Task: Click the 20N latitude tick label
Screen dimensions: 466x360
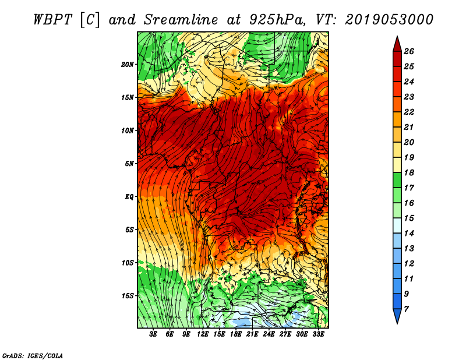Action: pyautogui.click(x=127, y=65)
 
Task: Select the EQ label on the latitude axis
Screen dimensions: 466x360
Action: pyautogui.click(x=129, y=197)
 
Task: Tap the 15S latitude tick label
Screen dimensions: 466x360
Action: pyautogui.click(x=127, y=296)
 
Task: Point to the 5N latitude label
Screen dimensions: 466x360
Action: pyautogui.click(x=129, y=164)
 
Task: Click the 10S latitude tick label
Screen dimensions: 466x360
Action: pyautogui.click(x=127, y=263)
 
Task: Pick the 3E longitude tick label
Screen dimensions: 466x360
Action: pyautogui.click(x=153, y=334)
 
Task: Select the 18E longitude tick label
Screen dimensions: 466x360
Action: pyautogui.click(x=236, y=334)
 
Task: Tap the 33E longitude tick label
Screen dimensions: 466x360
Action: pyautogui.click(x=318, y=334)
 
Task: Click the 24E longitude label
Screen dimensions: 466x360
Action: pyautogui.click(x=269, y=334)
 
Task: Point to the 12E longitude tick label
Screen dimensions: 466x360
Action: pyautogui.click(x=202, y=334)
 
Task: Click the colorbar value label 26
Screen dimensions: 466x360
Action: pyautogui.click(x=409, y=51)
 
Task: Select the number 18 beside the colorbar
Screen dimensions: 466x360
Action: pyautogui.click(x=409, y=172)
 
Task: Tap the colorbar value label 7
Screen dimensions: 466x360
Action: pyautogui.click(x=406, y=309)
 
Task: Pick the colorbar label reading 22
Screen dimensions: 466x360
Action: pyautogui.click(x=409, y=112)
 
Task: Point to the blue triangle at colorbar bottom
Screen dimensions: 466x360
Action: pyautogui.click(x=397, y=316)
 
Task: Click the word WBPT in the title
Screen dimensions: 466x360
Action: pyautogui.click(x=52, y=20)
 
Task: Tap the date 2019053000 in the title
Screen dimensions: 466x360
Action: pyautogui.click(x=389, y=20)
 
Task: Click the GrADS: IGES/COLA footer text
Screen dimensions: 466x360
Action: pyautogui.click(x=33, y=356)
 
